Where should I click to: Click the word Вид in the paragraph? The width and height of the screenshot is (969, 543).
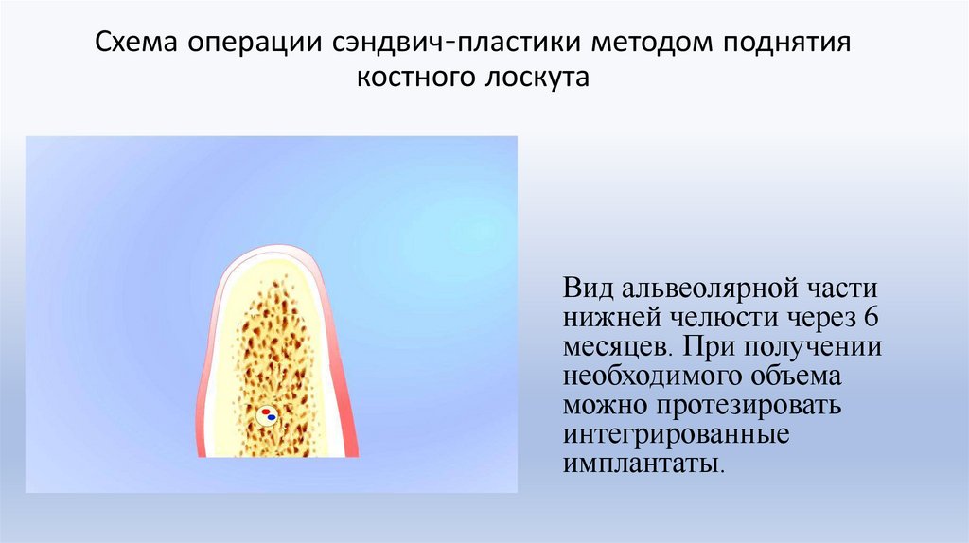point(587,287)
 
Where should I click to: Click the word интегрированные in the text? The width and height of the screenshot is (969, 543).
point(676,437)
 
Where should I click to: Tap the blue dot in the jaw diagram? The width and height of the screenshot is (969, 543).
point(273,416)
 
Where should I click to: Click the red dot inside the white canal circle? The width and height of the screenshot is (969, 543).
point(265,411)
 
